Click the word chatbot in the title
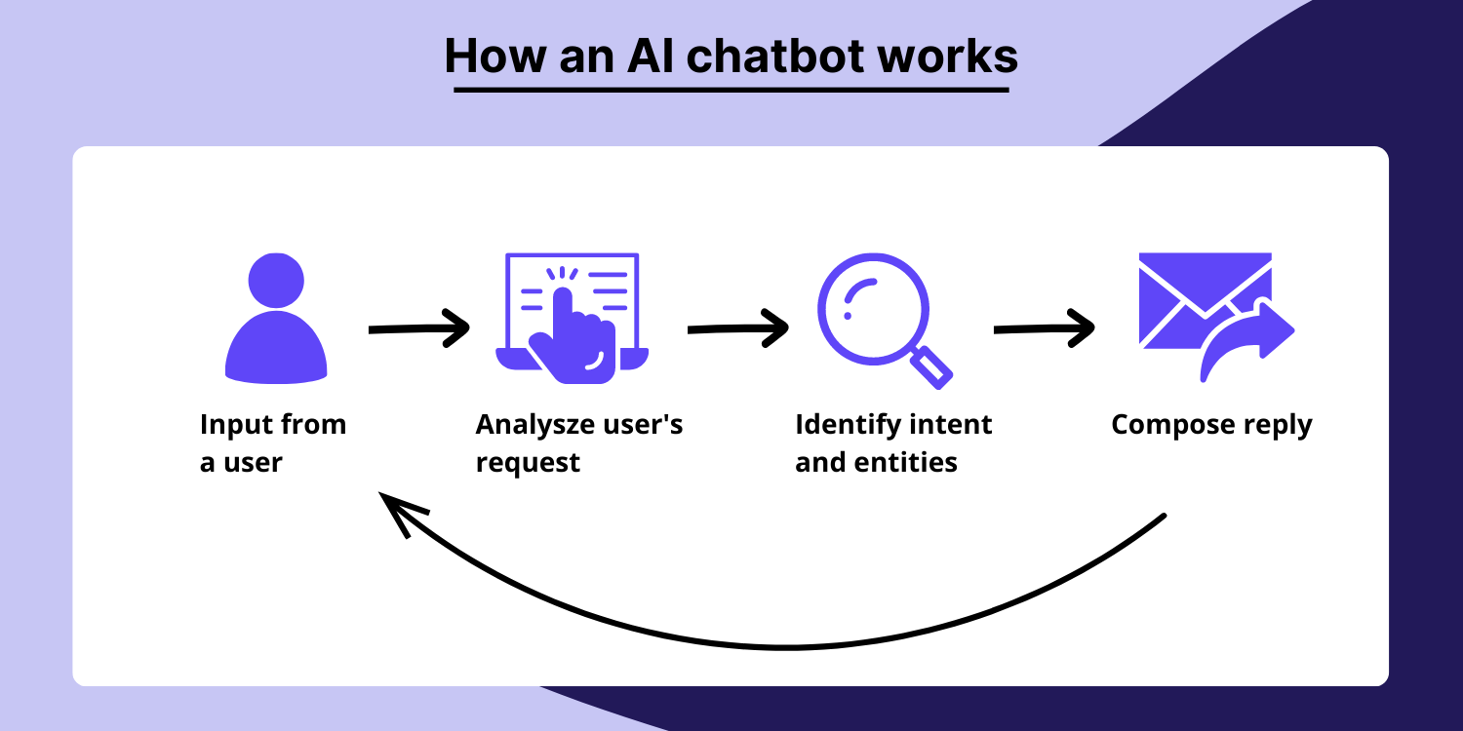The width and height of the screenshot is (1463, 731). [782, 57]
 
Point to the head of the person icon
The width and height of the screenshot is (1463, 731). [276, 281]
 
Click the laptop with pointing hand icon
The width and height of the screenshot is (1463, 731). [573, 317]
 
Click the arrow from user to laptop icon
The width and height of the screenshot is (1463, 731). [418, 329]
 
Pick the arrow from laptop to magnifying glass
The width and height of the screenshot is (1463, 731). [737, 328]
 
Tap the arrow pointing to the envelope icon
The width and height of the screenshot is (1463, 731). [1044, 328]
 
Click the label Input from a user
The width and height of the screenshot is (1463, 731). [273, 443]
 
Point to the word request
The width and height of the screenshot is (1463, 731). [528, 462]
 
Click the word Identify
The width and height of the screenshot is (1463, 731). [848, 425]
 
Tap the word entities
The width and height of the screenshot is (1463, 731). [910, 462]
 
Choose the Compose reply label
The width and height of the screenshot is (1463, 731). [1211, 425]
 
